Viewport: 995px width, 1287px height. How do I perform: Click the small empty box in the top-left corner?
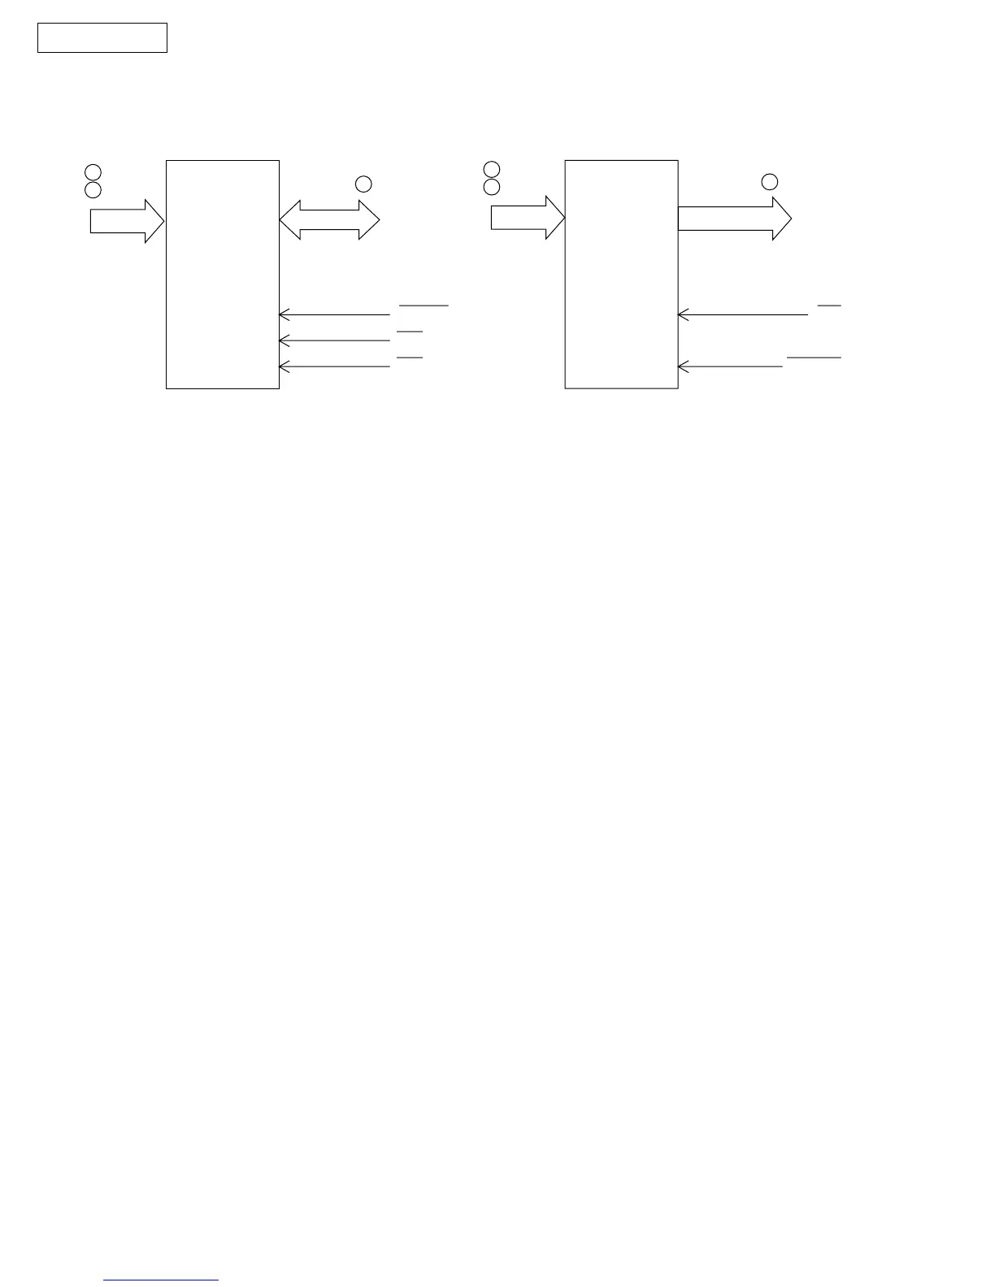tap(102, 38)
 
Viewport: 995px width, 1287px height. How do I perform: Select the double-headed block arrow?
tap(329, 219)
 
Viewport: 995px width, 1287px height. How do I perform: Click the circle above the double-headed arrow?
tap(363, 184)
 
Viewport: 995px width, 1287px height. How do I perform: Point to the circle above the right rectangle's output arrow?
tap(769, 181)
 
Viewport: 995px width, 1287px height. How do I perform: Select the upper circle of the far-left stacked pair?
tap(93, 172)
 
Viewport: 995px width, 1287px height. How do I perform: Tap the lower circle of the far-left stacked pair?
tap(93, 190)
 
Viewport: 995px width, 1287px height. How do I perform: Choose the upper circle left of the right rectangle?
tap(491, 169)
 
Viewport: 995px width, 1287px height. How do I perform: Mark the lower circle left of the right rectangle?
tap(491, 187)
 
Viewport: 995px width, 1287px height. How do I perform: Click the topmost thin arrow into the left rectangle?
tap(334, 314)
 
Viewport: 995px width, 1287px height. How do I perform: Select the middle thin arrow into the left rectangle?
tap(334, 340)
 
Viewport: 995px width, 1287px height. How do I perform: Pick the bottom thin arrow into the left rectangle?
tap(334, 367)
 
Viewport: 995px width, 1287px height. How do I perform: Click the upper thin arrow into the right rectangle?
tap(743, 314)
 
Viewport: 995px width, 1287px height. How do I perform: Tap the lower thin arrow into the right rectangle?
tap(730, 367)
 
